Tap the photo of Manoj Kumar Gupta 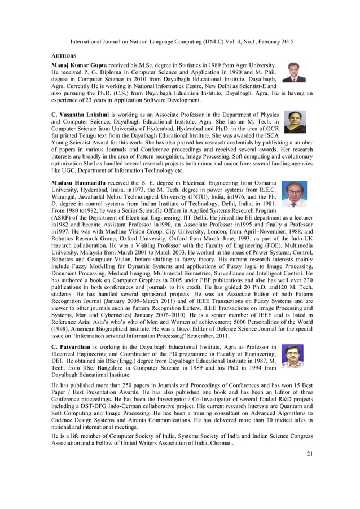(294, 72)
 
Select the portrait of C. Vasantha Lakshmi (295, 122)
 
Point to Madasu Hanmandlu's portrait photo (294, 194)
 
